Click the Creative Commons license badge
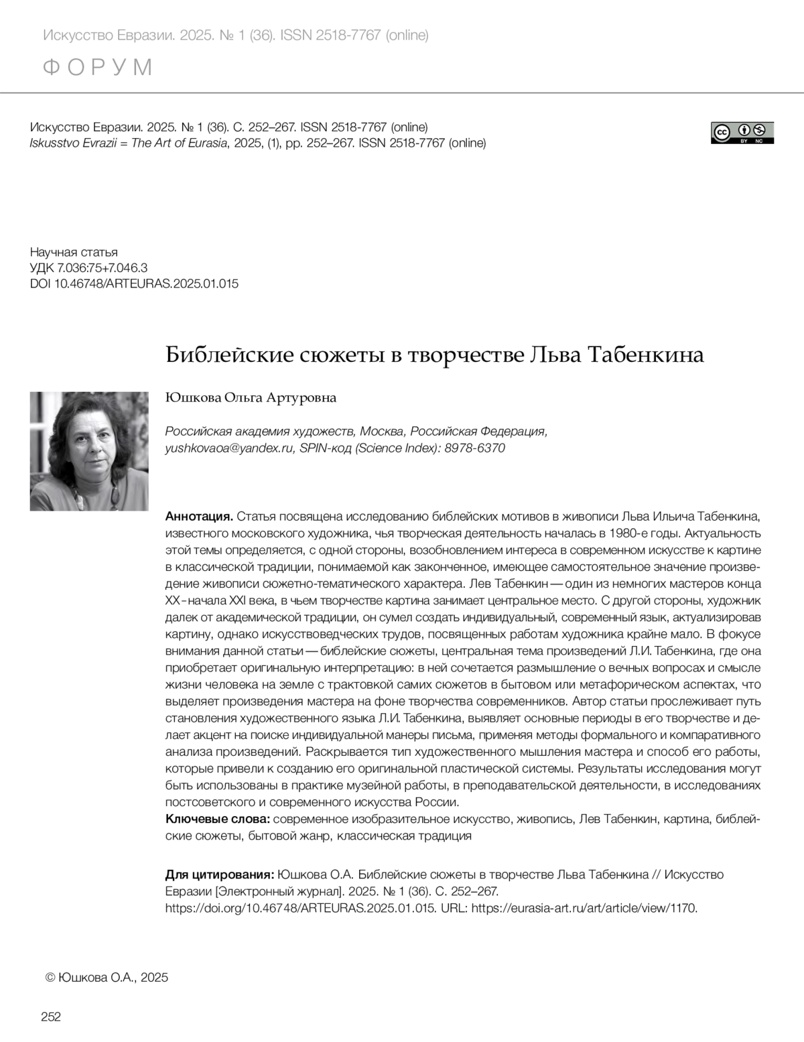point(742,133)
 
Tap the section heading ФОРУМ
point(98,68)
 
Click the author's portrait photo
point(89,451)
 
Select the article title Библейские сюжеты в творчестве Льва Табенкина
point(435,354)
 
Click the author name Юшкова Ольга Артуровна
point(251,398)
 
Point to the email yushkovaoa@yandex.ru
point(229,448)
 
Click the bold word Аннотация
point(199,517)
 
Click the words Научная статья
point(74,253)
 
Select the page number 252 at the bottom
point(51,1017)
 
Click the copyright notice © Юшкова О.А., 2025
point(107,977)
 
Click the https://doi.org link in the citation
point(300,909)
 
